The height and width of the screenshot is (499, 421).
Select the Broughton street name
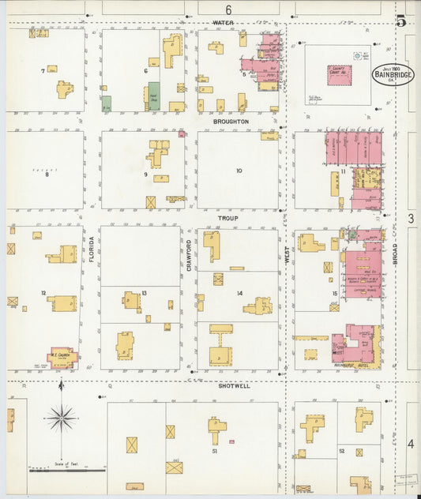[231, 122]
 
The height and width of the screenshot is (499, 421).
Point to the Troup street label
[228, 216]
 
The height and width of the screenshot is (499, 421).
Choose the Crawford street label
[189, 255]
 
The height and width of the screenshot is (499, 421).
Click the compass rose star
[61, 415]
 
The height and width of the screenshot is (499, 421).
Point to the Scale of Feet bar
[67, 469]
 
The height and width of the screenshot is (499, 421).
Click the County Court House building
[338, 74]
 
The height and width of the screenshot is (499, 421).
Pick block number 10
[239, 171]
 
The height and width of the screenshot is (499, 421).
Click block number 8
[46, 174]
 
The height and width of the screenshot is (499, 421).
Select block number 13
[144, 293]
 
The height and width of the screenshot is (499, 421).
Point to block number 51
[214, 452]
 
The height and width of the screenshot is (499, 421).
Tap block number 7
[43, 72]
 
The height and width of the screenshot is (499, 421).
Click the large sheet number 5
[400, 21]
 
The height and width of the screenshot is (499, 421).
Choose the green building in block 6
[154, 96]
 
